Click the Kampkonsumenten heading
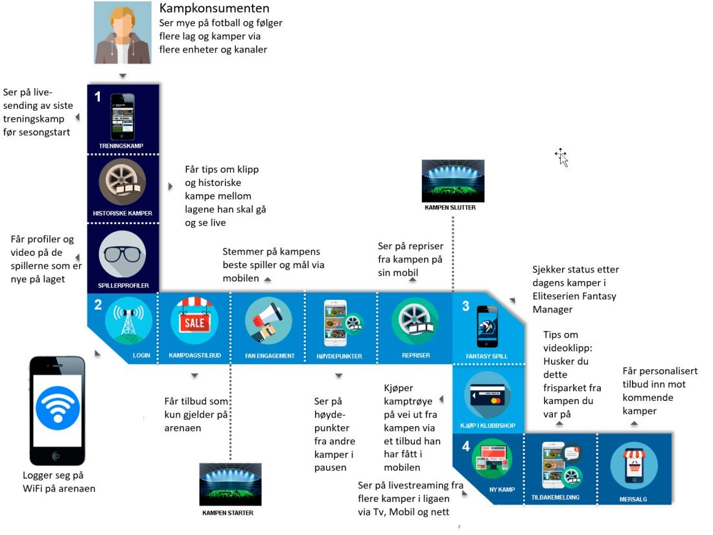click(214, 9)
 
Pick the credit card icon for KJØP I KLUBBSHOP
click(487, 394)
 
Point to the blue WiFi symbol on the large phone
click(58, 408)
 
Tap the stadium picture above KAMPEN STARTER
click(231, 484)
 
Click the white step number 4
click(465, 446)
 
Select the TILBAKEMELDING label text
click(555, 498)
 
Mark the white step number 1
click(97, 97)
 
